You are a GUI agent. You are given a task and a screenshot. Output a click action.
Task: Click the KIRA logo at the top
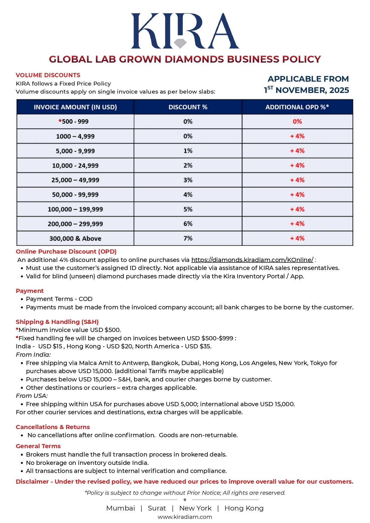click(x=185, y=31)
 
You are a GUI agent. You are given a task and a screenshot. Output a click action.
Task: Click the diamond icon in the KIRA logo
click(x=180, y=43)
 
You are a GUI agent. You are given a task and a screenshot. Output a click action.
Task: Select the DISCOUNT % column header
click(x=188, y=107)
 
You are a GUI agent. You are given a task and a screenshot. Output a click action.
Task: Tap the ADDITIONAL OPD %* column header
click(x=297, y=107)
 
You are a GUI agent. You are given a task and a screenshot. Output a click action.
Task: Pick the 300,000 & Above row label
click(x=75, y=238)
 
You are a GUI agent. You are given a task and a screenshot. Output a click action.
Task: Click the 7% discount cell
click(x=188, y=238)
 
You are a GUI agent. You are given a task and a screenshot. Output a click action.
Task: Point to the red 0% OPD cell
click(x=297, y=122)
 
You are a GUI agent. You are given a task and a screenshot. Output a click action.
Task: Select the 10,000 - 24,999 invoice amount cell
click(x=75, y=165)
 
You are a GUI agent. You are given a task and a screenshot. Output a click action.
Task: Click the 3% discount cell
click(x=188, y=180)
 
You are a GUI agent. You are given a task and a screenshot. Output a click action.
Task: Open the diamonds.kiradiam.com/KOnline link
click(x=252, y=260)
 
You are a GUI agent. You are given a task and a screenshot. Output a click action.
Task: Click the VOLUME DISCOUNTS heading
click(x=48, y=75)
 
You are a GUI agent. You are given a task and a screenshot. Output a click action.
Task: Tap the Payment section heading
click(x=30, y=291)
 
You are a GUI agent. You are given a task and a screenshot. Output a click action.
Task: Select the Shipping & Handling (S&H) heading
click(x=57, y=322)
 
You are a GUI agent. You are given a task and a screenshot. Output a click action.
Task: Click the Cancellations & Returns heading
click(x=53, y=427)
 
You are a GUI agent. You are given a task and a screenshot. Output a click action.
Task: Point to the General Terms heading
click(x=38, y=446)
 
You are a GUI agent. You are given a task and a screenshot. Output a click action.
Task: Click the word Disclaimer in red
click(x=32, y=482)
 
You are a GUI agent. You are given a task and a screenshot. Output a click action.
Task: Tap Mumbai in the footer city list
click(x=120, y=508)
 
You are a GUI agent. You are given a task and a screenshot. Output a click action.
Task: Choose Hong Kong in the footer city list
click(x=244, y=508)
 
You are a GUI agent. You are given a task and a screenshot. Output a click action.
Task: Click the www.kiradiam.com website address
click(x=185, y=517)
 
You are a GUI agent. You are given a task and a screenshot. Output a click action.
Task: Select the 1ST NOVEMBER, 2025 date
click(x=306, y=90)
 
